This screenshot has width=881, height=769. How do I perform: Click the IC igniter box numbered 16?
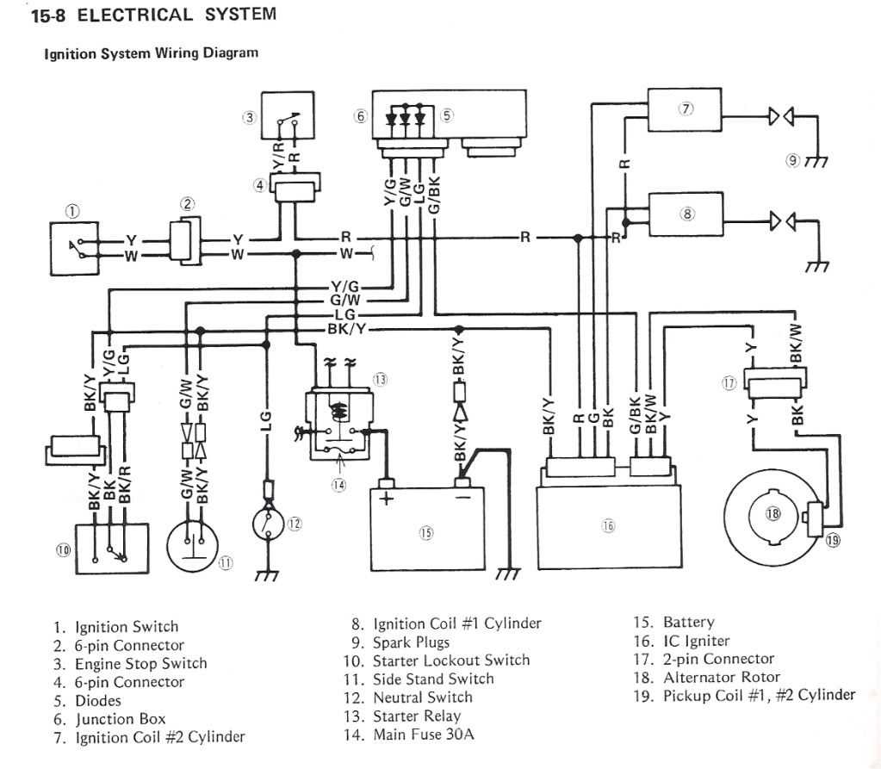coord(608,526)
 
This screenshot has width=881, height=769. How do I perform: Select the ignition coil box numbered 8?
coord(686,215)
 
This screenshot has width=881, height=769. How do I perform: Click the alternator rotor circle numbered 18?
coord(772,513)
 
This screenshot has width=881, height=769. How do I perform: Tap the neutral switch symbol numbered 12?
coord(267,522)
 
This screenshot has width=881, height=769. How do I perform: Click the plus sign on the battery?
coord(385,501)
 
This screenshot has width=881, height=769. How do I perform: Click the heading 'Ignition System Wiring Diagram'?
coord(151,53)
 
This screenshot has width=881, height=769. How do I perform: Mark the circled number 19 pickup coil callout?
coord(832,540)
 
